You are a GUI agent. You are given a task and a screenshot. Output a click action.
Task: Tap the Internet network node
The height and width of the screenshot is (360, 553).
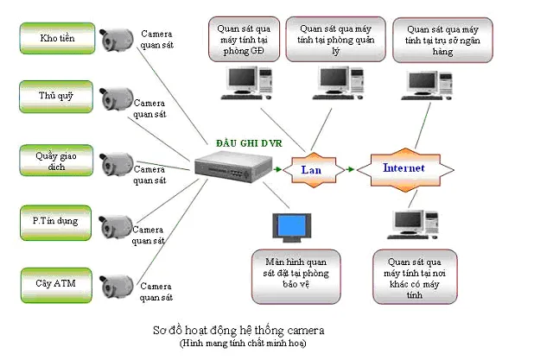click(x=403, y=167)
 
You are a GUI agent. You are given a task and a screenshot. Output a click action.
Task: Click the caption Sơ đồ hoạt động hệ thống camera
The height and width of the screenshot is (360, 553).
click(x=236, y=331)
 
